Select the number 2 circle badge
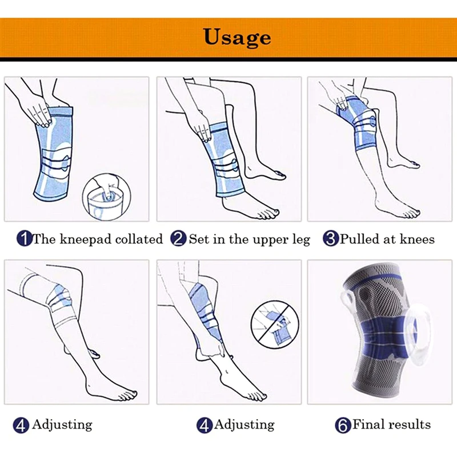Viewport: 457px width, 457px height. pyautogui.click(x=179, y=238)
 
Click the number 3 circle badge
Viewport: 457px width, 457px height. pyautogui.click(x=331, y=238)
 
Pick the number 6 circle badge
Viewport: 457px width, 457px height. pyautogui.click(x=343, y=424)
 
